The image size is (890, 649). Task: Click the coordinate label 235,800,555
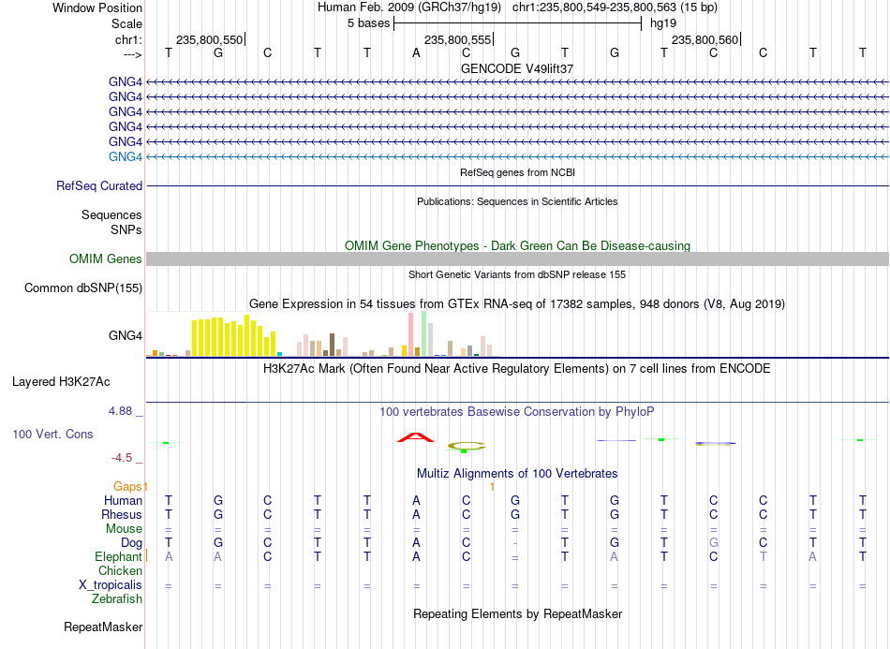point(457,39)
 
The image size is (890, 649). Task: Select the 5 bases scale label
point(369,23)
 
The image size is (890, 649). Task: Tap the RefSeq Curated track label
point(99,185)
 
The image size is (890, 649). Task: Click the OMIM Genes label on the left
point(106,258)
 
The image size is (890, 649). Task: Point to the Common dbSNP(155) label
point(83,288)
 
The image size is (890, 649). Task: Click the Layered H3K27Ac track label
point(61,381)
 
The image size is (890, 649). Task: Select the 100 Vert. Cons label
point(52,434)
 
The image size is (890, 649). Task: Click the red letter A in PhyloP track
point(415,437)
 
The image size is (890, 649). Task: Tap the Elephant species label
point(118,556)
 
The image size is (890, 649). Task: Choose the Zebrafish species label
point(117,598)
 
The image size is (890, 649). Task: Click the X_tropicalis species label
point(111,585)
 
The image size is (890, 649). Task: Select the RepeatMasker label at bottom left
point(103,627)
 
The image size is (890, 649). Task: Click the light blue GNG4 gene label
point(126,156)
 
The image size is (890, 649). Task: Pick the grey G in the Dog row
point(714,542)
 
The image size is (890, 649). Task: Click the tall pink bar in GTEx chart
point(410,334)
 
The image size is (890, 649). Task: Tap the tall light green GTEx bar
point(424,333)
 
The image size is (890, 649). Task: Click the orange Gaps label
point(127,486)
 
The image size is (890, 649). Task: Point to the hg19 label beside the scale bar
point(663,23)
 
